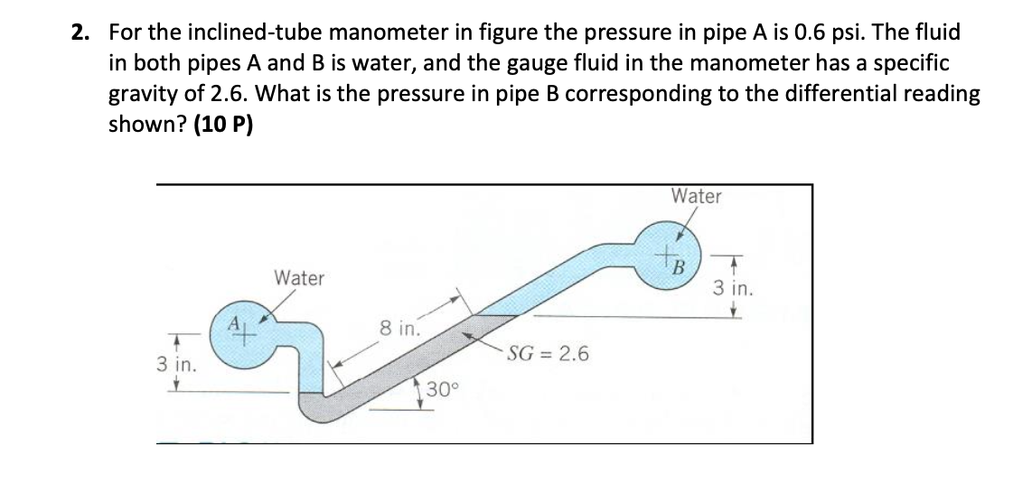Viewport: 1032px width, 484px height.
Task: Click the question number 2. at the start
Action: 80,33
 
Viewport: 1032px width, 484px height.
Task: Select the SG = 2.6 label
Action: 549,353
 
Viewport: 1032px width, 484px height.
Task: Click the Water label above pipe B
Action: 696,196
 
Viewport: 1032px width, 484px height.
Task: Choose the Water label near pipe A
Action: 299,278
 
